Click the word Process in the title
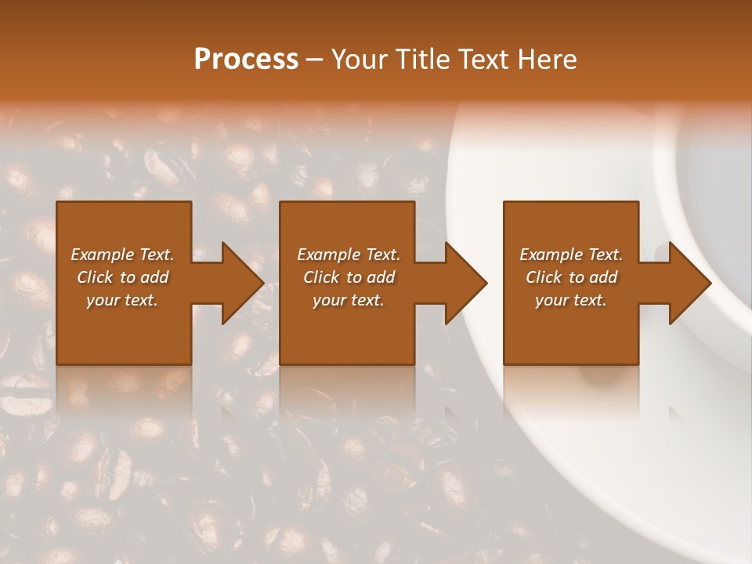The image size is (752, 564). (246, 60)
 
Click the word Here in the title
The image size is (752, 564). (548, 60)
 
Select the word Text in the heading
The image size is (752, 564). (485, 60)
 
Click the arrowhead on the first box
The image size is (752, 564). (239, 283)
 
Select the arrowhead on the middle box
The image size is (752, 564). (462, 283)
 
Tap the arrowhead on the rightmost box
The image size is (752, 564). (686, 283)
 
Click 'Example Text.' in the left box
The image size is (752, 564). (122, 255)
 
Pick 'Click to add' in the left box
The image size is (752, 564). (122, 277)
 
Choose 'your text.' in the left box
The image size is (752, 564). (122, 300)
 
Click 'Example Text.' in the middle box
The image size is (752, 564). (349, 255)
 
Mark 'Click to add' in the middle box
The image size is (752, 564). (349, 277)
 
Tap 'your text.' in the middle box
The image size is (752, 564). (349, 300)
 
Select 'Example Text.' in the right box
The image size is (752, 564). (571, 255)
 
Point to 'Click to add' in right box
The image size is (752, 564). (571, 277)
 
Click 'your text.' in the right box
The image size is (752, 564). (571, 300)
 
